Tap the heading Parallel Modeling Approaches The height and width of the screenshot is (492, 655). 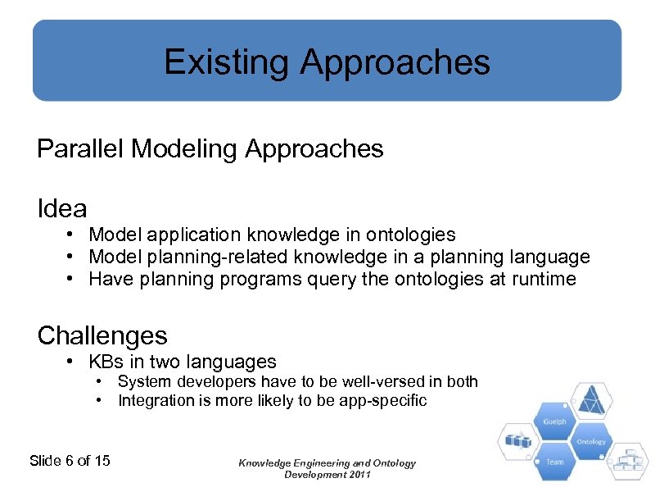point(210,149)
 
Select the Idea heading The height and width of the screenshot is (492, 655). point(62,209)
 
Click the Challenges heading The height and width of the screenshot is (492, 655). point(102,335)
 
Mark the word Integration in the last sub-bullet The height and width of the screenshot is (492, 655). point(154,401)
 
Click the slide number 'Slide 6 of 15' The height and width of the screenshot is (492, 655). point(70,461)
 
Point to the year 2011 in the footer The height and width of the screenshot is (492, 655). point(357,475)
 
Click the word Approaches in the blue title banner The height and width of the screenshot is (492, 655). point(395,62)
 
